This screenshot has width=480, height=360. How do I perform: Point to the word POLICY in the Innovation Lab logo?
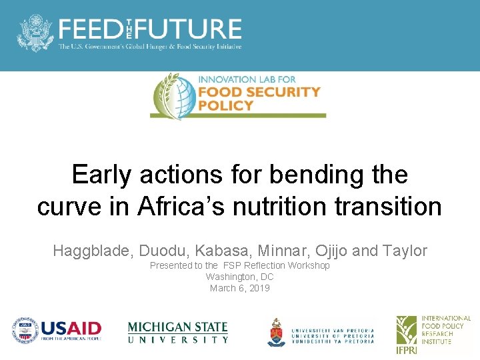coord(226,105)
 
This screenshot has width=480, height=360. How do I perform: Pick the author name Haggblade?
coord(93,251)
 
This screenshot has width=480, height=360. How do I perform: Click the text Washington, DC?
coord(239,277)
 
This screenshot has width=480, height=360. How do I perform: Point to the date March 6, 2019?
coord(239,288)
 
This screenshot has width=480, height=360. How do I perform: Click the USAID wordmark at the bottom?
coord(71,329)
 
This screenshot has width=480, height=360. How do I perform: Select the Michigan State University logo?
coord(177,332)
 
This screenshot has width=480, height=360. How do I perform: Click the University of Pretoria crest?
coord(277,331)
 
